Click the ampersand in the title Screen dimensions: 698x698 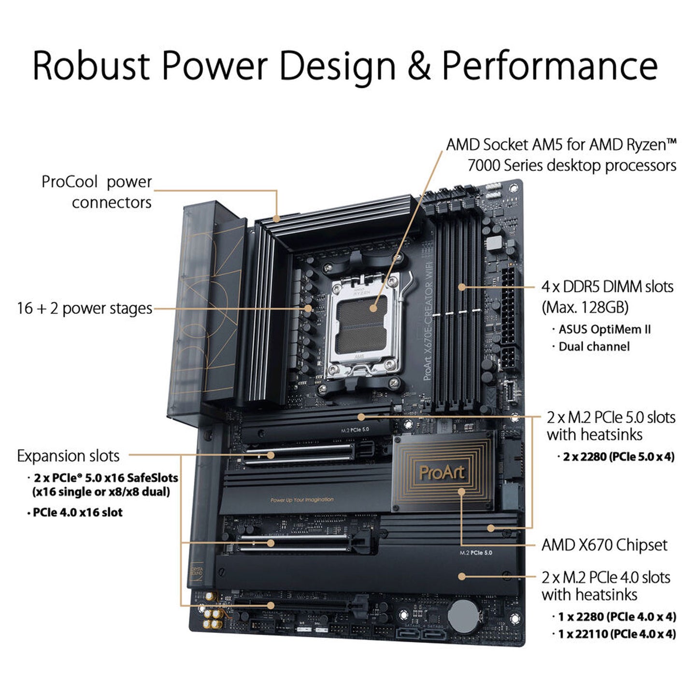tap(419, 67)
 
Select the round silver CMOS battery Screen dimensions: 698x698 tap(464, 616)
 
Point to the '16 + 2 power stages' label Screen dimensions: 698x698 tap(85, 309)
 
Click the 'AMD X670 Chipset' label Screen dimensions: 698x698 tap(604, 545)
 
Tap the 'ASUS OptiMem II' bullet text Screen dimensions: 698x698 tap(605, 329)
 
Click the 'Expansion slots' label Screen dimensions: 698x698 tap(68, 456)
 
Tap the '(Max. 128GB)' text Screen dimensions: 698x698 tap(585, 308)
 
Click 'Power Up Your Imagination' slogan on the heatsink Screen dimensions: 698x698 tap(302, 500)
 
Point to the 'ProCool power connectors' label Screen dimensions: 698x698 tap(97, 192)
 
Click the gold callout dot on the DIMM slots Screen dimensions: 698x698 tap(461, 287)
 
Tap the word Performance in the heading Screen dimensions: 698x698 tap(550, 66)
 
